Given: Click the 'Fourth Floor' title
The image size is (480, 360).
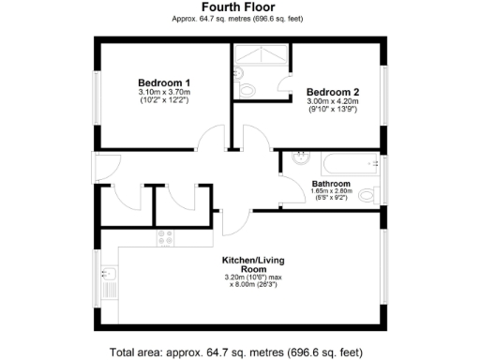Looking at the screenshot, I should click(239, 7).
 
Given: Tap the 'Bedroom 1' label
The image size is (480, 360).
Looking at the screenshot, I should click(164, 82).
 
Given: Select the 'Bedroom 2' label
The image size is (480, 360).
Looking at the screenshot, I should click(333, 92).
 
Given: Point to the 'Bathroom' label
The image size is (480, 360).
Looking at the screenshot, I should click(332, 184).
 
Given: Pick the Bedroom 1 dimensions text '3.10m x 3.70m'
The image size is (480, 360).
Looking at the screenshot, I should click(164, 92).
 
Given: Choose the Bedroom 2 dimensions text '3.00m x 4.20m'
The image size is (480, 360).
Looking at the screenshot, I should click(333, 102).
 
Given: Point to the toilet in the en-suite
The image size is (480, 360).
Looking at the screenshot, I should click(247, 89).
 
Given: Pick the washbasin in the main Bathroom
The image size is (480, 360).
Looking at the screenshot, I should click(299, 157).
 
